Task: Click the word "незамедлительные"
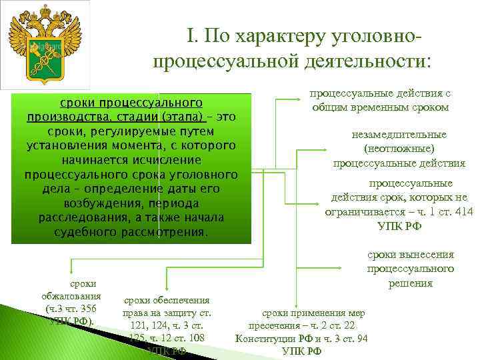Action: pos(399,135)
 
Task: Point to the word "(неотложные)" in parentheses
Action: pos(399,149)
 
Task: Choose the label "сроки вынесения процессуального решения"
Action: pos(410,269)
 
